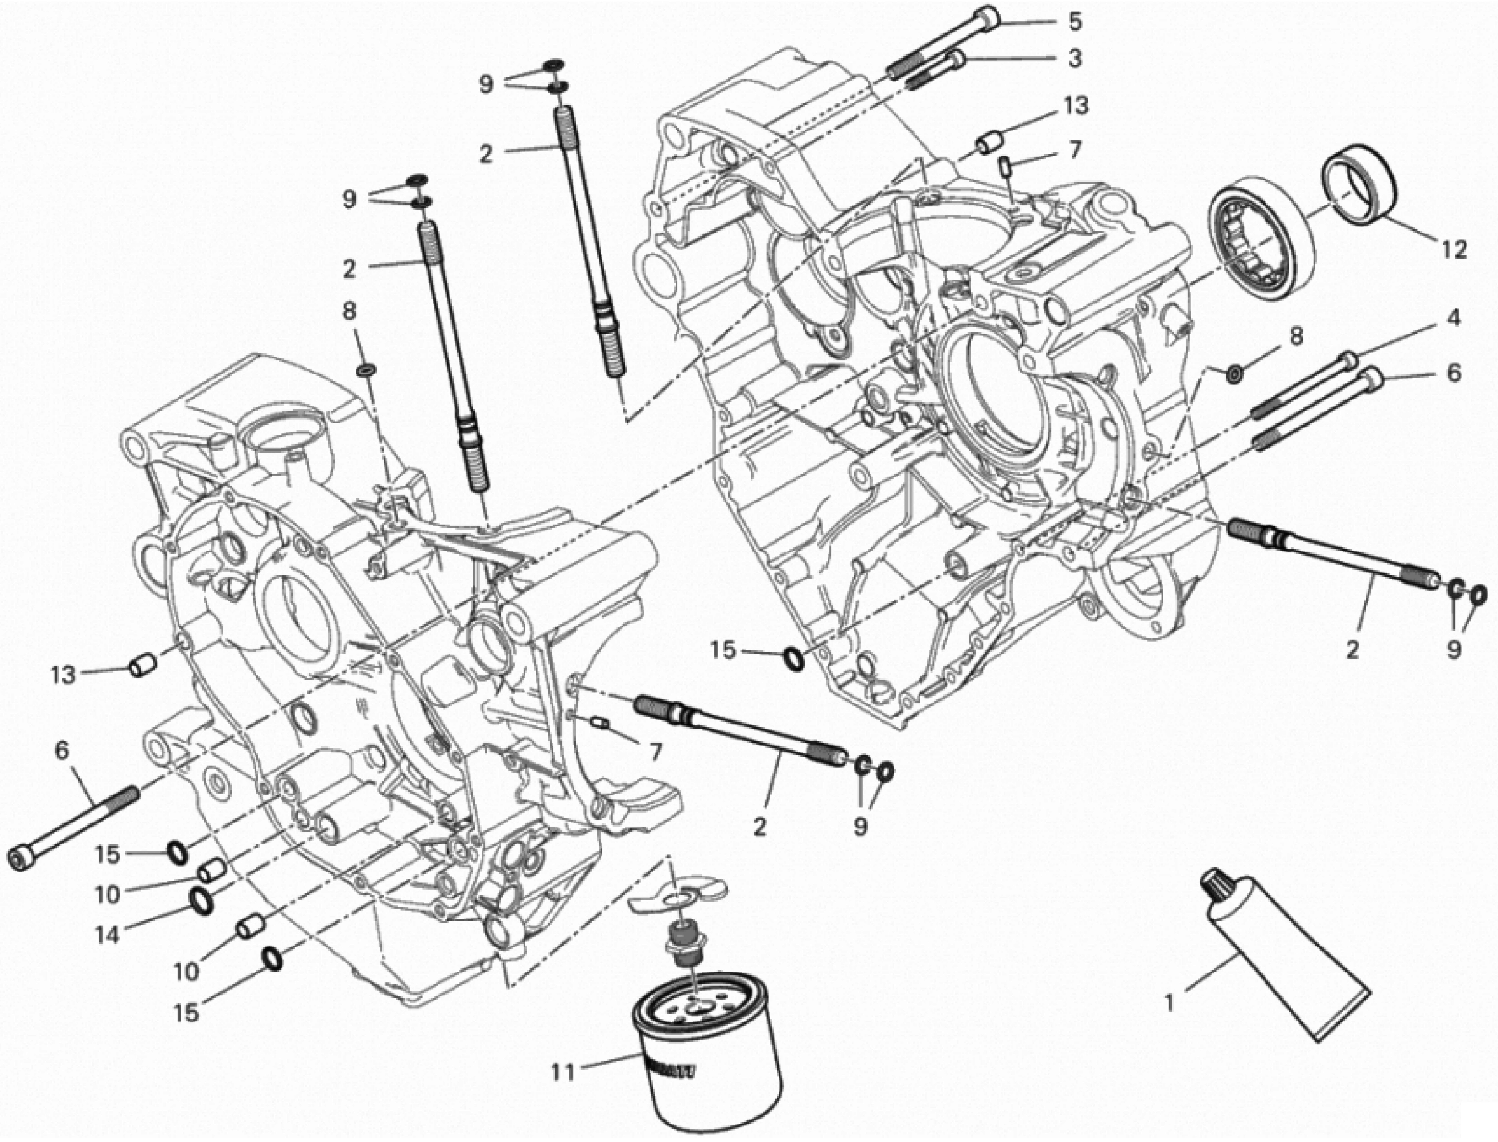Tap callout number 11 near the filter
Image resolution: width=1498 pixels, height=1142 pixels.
coord(563,1072)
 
